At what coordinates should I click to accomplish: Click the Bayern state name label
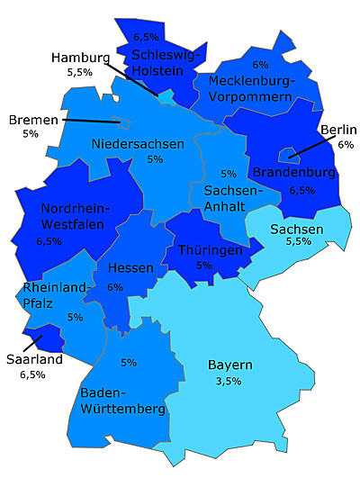[229, 365]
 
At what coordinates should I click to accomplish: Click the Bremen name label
[32, 119]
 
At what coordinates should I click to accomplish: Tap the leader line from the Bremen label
[90, 121]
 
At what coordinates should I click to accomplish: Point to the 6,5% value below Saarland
[31, 374]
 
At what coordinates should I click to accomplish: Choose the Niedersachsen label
[138, 143]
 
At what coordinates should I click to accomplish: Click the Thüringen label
[210, 249]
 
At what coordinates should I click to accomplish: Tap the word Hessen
[130, 269]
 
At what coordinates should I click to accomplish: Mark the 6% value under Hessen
[114, 287]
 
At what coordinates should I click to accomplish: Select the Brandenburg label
[294, 171]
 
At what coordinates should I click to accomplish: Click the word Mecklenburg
[251, 81]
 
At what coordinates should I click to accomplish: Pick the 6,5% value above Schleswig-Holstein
[146, 37]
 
